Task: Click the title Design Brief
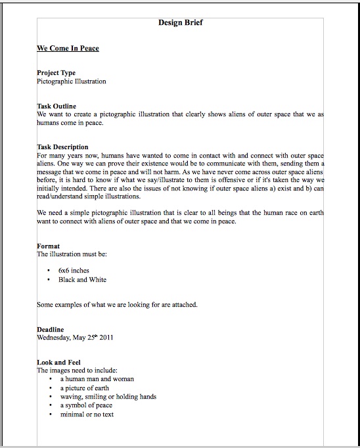click(180, 22)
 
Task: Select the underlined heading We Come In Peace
click(68, 48)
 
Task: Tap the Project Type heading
click(56, 73)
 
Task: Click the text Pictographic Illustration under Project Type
click(71, 81)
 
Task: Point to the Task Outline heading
click(56, 106)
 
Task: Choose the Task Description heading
click(62, 146)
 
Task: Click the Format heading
click(49, 246)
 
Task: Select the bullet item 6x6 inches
click(74, 270)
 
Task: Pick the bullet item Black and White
click(82, 279)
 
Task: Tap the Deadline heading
click(51, 329)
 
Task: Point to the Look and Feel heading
click(57, 362)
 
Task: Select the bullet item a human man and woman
click(97, 379)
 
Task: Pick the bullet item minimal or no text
click(87, 414)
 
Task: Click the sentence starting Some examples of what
click(117, 304)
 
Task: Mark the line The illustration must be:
click(70, 254)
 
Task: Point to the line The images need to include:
click(77, 370)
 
